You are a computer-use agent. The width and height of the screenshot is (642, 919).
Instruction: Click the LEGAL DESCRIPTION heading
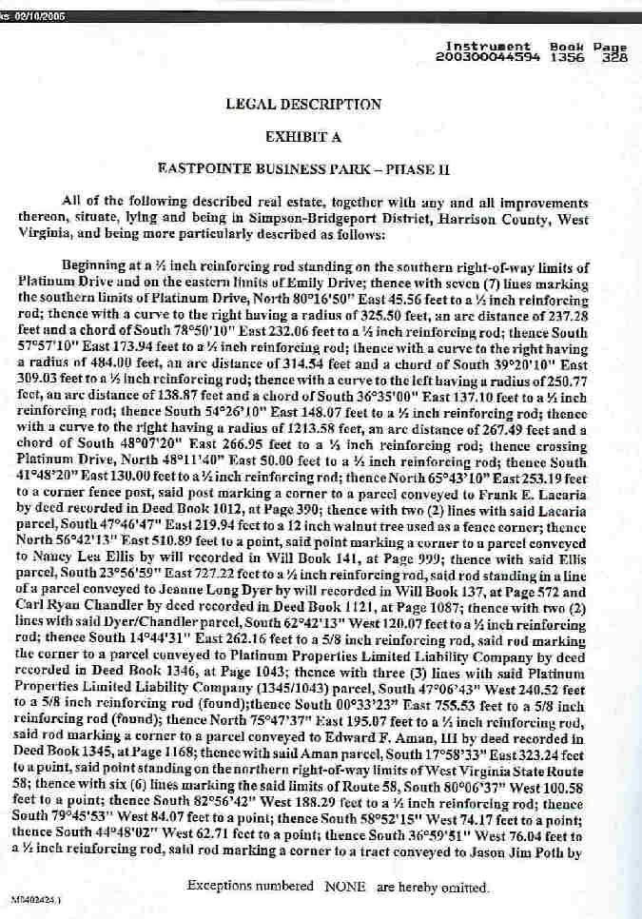coord(303,105)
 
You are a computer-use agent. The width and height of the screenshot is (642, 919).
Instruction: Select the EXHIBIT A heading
coord(303,137)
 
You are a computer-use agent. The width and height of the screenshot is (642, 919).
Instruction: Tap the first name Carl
coord(31,615)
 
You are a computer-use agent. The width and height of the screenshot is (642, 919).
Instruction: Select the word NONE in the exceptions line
coord(345,888)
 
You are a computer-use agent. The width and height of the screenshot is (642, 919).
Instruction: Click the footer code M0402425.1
coord(31,898)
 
